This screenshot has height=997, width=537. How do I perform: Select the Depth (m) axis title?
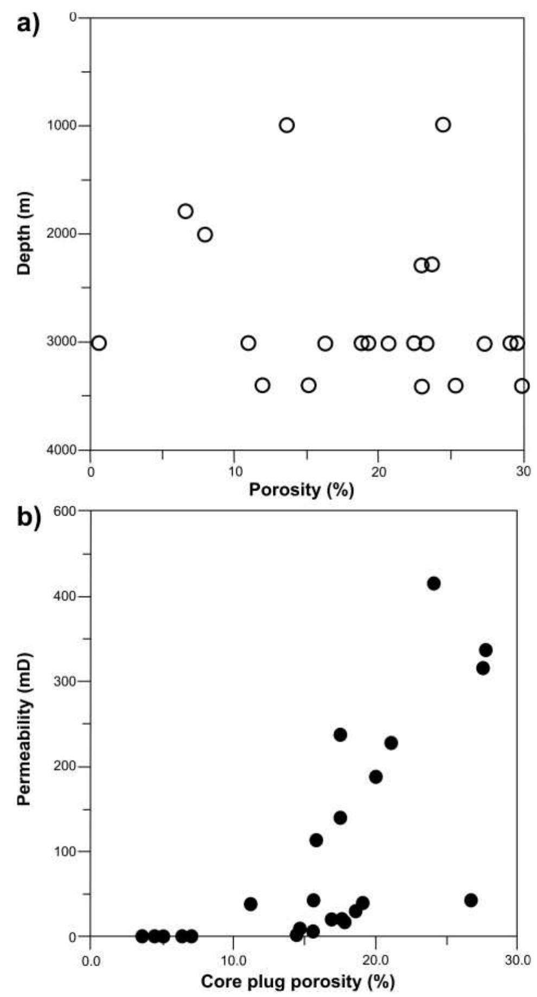tap(24, 233)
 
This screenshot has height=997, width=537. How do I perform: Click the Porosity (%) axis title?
tap(301, 490)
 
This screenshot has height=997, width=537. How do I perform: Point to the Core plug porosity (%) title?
tap(297, 981)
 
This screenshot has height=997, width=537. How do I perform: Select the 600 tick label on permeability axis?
tap(67, 511)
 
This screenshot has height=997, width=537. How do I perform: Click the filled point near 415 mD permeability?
tap(433, 583)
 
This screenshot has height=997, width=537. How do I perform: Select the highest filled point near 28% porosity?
tap(485, 650)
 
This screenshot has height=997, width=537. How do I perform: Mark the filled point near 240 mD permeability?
tap(340, 735)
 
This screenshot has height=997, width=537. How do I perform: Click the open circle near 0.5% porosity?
tap(98, 343)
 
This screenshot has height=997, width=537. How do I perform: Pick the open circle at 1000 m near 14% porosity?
tap(286, 125)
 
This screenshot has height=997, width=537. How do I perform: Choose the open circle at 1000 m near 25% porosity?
tap(443, 125)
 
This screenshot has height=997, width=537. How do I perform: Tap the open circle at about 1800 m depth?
tap(185, 211)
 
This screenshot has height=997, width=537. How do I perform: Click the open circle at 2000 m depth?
tap(204, 234)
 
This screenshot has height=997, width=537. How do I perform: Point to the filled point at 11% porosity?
tap(250, 904)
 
